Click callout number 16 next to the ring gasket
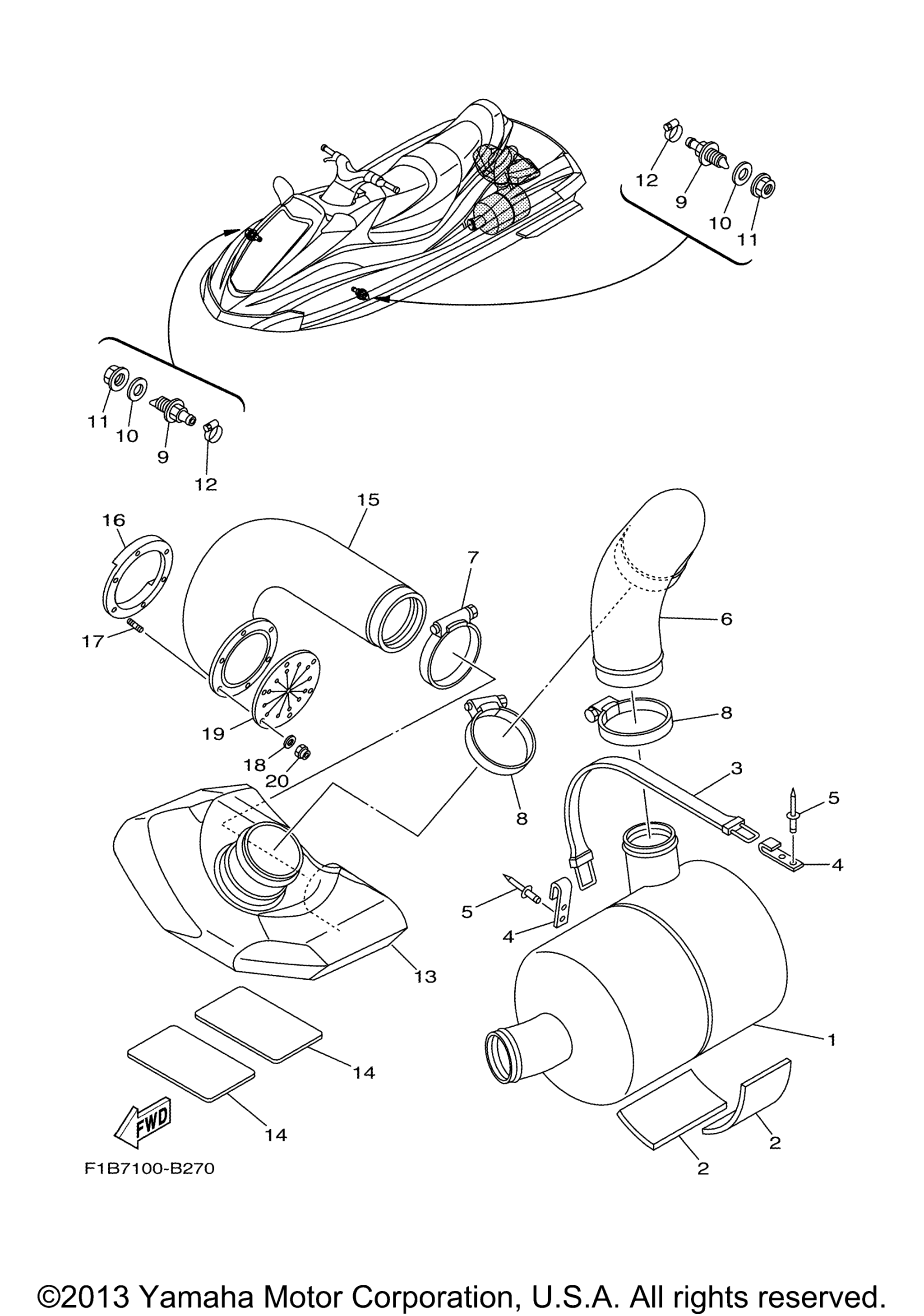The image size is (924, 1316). [x=113, y=520]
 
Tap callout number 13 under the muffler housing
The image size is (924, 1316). [x=425, y=976]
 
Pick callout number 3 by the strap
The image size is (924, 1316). [x=736, y=768]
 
